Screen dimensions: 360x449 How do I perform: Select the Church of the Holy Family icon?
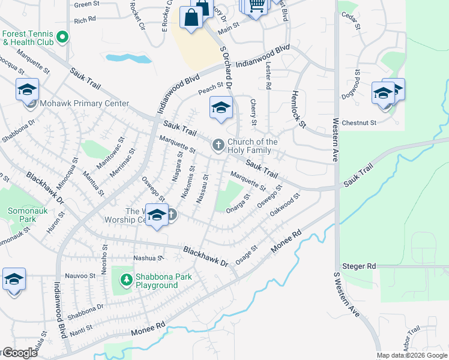[218, 145]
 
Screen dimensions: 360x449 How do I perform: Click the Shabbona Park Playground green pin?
[126, 279]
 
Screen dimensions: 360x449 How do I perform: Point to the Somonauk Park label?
[22, 215]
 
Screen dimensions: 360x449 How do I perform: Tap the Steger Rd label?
[358, 266]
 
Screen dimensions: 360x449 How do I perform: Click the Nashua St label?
[148, 258]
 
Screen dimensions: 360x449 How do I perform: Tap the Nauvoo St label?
[81, 275]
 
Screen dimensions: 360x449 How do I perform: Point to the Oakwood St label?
[285, 205]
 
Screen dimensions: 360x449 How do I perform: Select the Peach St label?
[211, 89]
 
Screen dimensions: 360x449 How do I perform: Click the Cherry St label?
[254, 112]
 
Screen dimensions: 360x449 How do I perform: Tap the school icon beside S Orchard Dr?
[220, 108]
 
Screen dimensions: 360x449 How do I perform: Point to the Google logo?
[20, 353]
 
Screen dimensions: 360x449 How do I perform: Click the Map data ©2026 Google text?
[412, 355]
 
